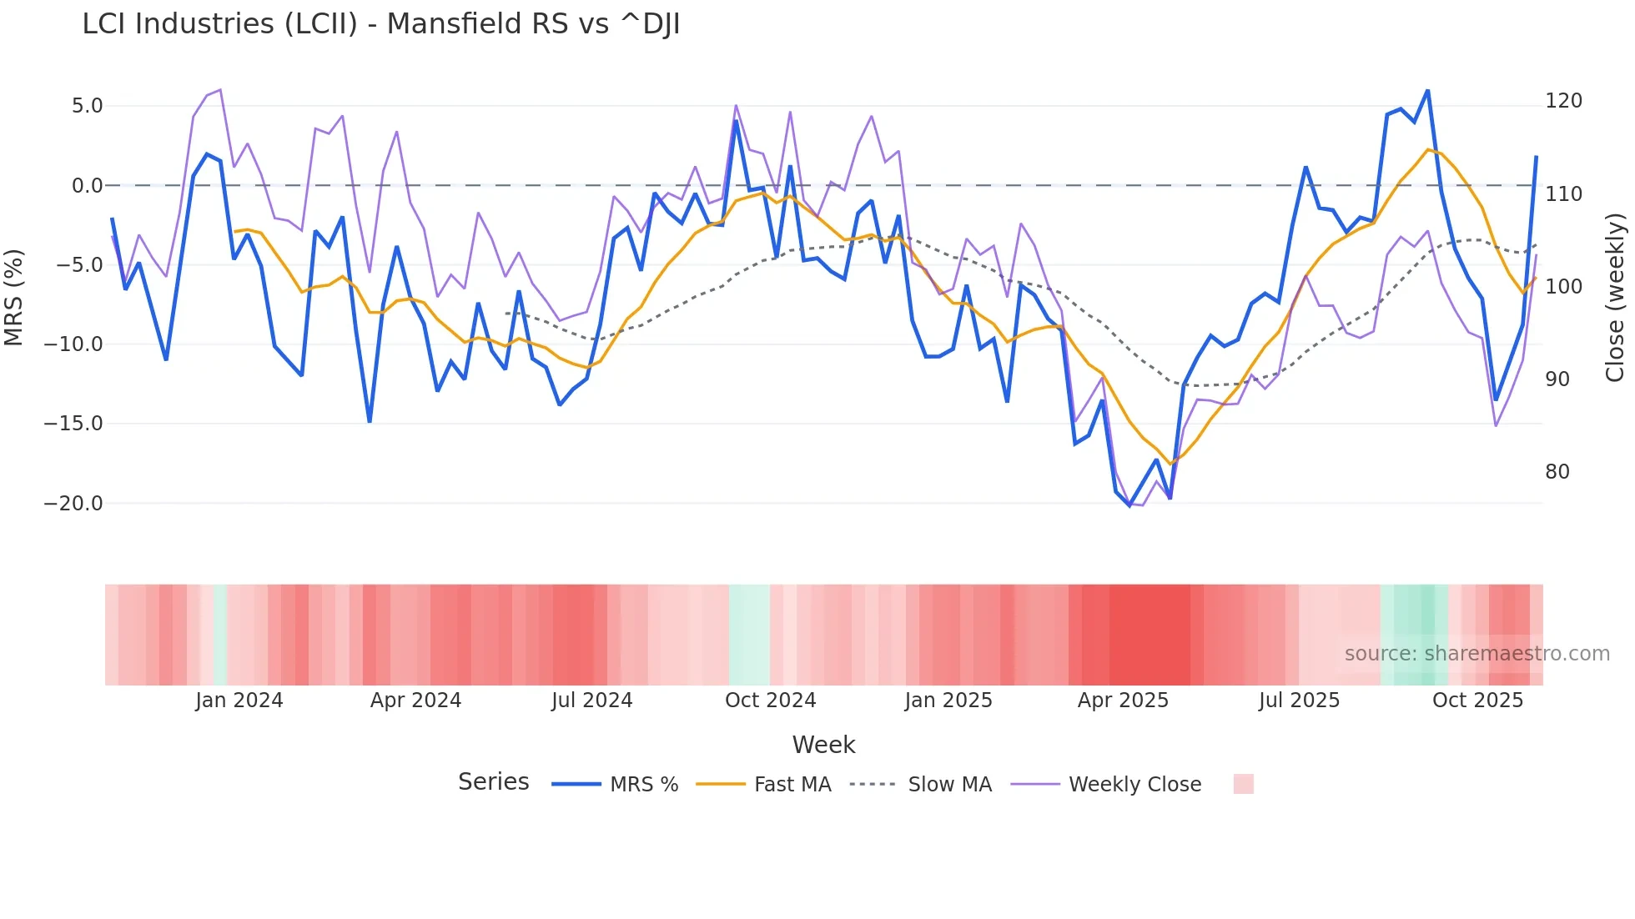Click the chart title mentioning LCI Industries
(x=381, y=24)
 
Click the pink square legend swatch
(x=1243, y=784)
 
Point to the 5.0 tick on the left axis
(x=87, y=106)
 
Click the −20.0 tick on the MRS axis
(x=73, y=504)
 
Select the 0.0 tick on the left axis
(x=87, y=186)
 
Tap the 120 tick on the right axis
(x=1563, y=101)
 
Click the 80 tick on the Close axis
(x=1557, y=472)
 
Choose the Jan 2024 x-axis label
(x=239, y=701)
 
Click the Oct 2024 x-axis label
(x=770, y=701)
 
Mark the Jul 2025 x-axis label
(x=1299, y=701)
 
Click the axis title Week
(x=823, y=745)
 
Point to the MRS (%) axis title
(x=14, y=297)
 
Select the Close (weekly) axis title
(x=1615, y=297)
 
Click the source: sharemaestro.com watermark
(x=1477, y=654)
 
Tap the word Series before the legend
(x=493, y=782)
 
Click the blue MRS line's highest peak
(x=1427, y=90)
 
